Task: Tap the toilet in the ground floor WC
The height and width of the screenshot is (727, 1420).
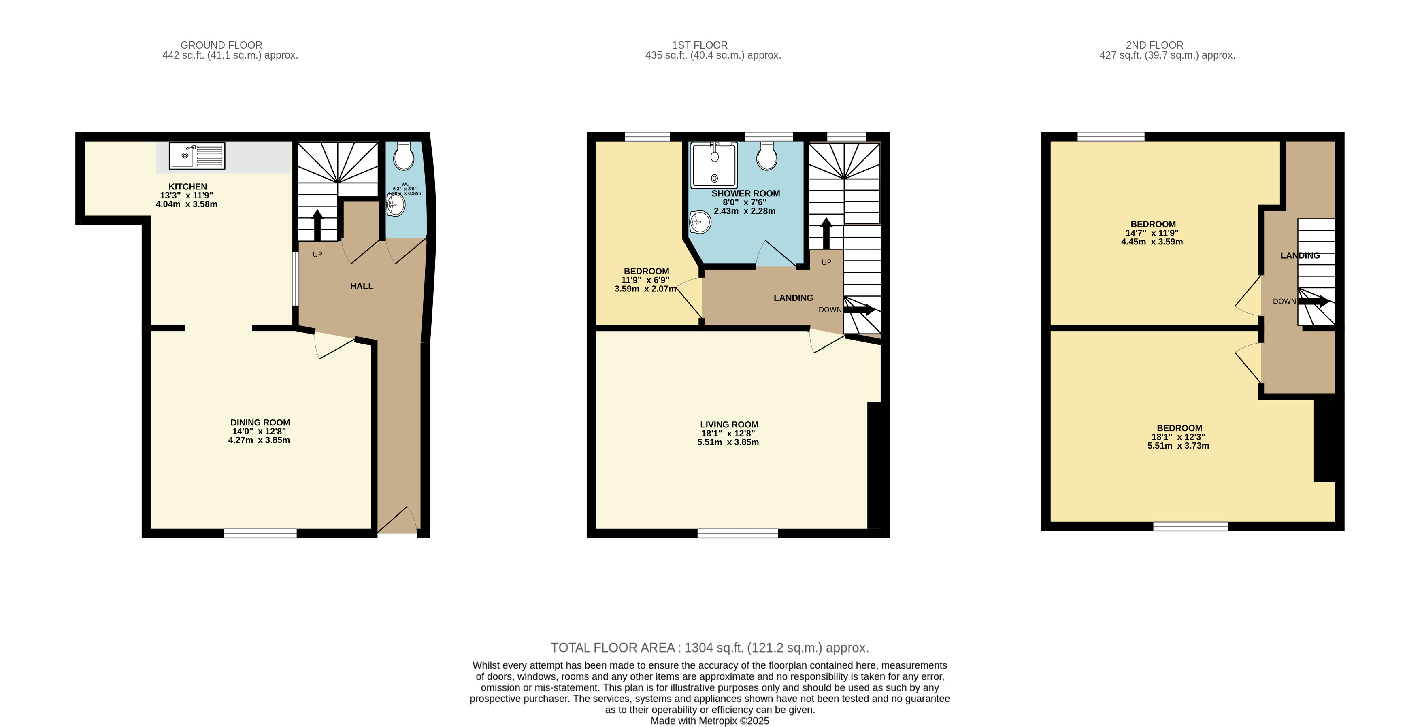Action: coord(404,157)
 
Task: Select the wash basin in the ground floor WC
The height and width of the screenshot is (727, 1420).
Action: coord(396,205)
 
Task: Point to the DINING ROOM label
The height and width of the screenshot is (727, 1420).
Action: coord(260,423)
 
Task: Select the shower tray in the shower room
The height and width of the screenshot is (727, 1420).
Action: coord(714,165)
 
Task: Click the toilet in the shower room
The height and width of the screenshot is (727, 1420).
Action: coord(767,157)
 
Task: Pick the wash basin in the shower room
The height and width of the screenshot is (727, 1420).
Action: coord(700,222)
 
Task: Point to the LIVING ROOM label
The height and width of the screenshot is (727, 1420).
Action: coord(729,424)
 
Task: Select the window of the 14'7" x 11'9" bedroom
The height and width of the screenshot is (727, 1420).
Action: coord(1111,136)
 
